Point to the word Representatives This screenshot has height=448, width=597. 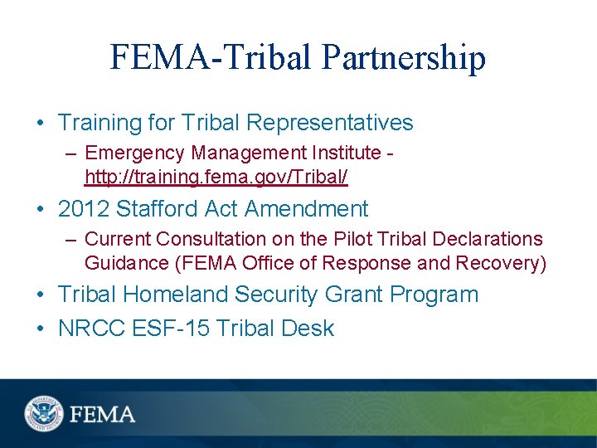[330, 124]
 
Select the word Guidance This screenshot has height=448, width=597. [124, 262]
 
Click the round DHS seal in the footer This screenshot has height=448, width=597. [42, 412]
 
